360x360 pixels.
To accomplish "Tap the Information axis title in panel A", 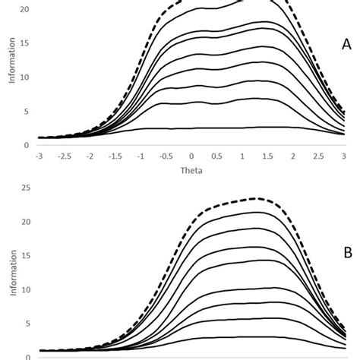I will coord(11,81).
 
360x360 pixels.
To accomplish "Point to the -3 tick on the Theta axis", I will coord(39,156).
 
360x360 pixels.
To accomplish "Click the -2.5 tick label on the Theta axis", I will coord(64,156).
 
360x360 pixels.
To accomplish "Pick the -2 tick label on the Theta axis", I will coord(90,156).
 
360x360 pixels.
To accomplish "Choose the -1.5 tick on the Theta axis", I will coord(115,156).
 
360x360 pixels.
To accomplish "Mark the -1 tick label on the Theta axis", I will coord(141,156).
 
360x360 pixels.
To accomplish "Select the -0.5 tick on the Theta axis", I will coord(166,156).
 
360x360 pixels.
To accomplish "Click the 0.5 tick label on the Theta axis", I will coord(218,156).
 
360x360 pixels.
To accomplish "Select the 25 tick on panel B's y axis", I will coord(26,188).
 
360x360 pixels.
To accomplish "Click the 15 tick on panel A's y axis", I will coord(26,43).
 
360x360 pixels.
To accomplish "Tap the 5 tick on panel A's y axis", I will coord(28,111).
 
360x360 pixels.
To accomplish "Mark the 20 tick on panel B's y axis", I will coord(26,222).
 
